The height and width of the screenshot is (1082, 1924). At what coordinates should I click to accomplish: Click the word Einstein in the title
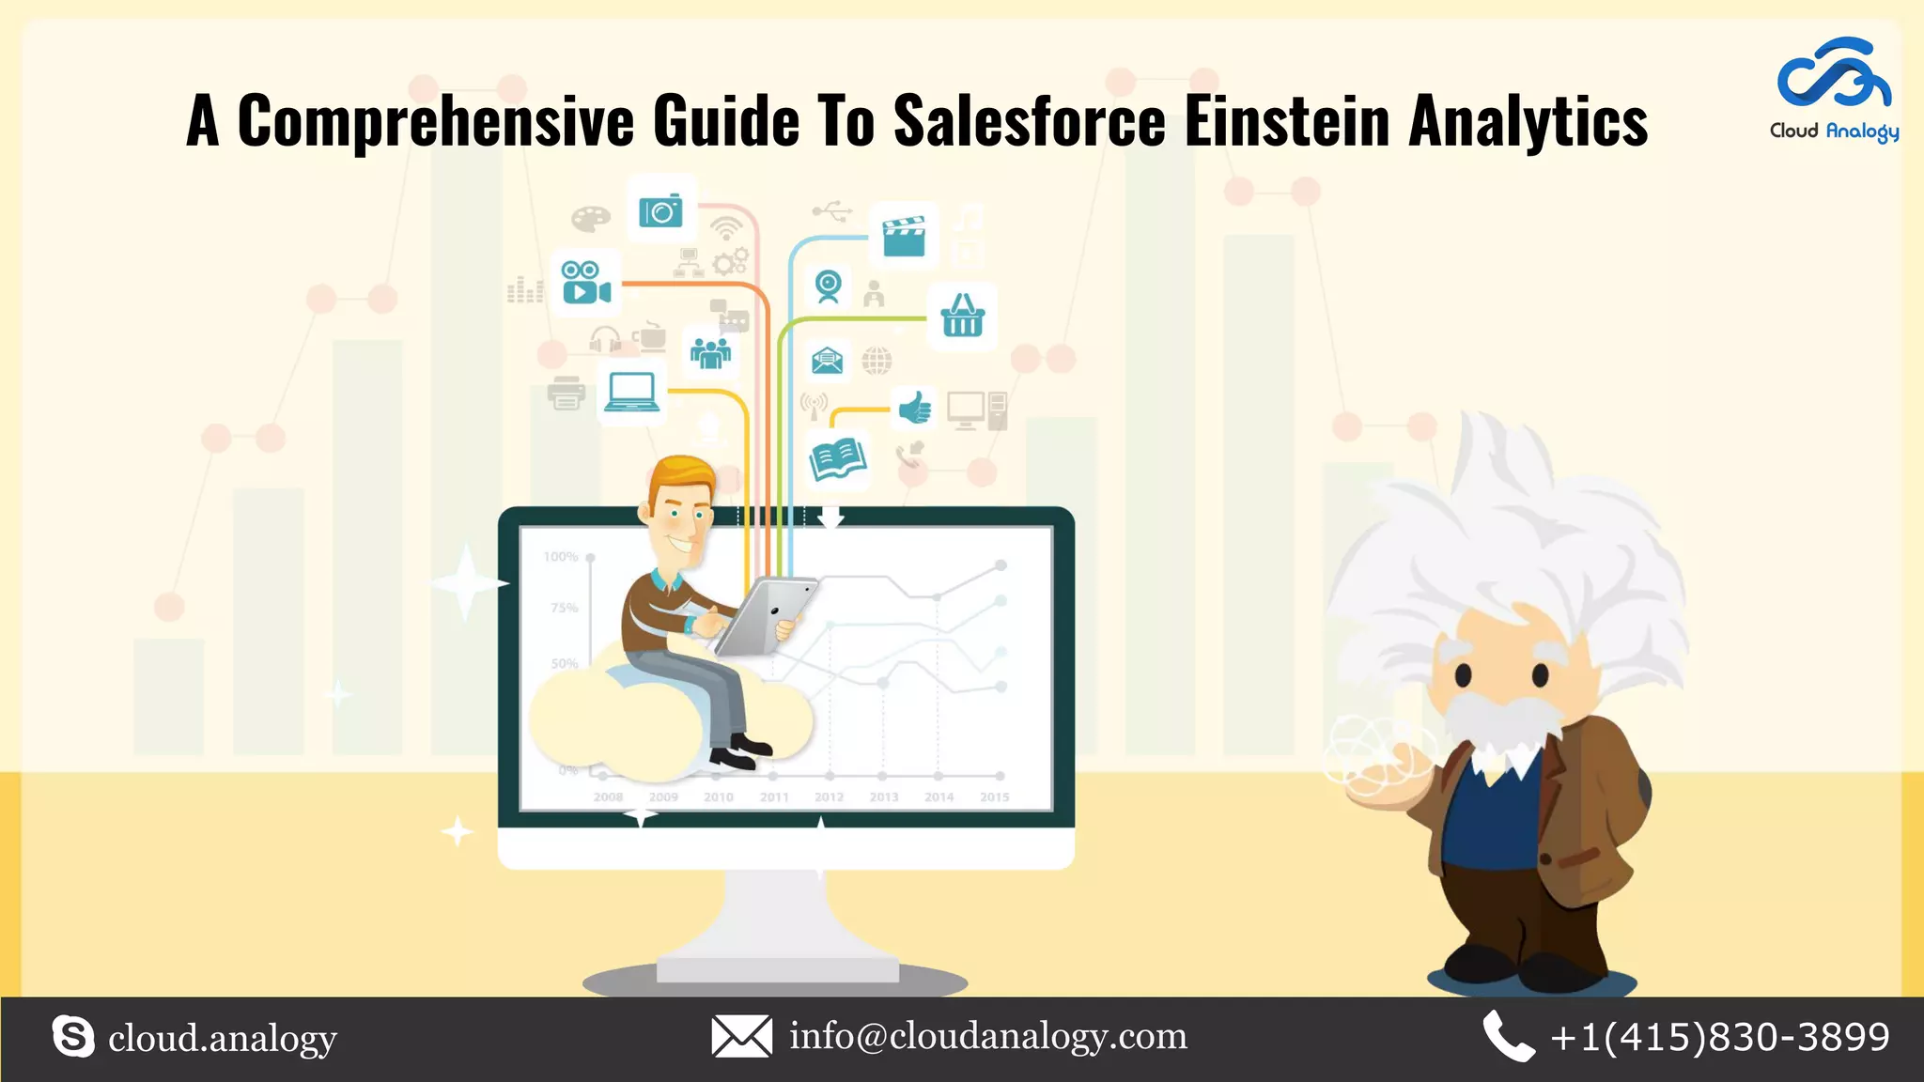pos(1286,121)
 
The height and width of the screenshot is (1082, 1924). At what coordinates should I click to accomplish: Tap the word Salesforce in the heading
pos(1029,121)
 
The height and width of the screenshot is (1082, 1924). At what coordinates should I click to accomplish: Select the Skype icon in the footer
pos(73,1037)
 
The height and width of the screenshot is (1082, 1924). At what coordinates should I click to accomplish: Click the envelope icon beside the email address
pos(741,1036)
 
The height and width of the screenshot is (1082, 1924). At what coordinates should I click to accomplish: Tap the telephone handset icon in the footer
pos(1508,1036)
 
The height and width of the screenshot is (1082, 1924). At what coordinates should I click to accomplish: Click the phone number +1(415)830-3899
pos(1720,1037)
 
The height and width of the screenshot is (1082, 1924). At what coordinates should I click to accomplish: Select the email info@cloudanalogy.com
pos(988,1036)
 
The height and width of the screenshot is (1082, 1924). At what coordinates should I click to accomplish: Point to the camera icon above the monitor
pos(660,211)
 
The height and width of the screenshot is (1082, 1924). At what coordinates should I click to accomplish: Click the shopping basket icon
pos(963,316)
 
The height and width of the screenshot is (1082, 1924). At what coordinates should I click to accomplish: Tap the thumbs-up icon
pos(914,409)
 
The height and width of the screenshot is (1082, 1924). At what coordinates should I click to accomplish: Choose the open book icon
pos(837,459)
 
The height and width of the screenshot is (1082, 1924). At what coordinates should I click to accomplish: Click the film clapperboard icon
pos(904,236)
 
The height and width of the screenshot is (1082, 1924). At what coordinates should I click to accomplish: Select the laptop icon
pos(631,392)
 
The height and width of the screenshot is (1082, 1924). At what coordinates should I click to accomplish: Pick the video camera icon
pos(585,282)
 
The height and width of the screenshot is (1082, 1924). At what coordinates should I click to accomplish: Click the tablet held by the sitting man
pos(765,615)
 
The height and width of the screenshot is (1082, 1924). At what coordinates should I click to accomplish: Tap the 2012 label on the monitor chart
pos(829,797)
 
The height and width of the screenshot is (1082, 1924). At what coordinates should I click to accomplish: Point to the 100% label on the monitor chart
pos(561,557)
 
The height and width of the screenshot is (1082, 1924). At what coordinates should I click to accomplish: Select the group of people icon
pos(710,352)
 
